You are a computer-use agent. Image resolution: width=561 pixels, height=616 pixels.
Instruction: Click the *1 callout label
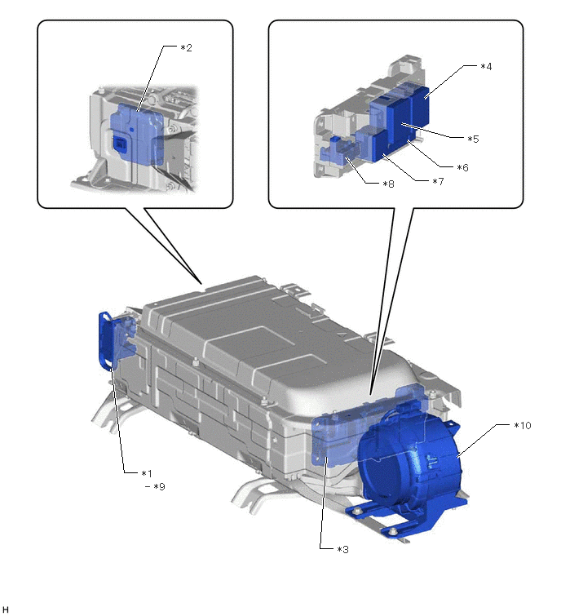click(x=147, y=473)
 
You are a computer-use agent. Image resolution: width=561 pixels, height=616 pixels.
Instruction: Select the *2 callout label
click(x=186, y=47)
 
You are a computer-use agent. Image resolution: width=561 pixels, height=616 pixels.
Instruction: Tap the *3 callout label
click(x=342, y=549)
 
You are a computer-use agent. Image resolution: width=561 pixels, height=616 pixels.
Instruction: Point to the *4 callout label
click(x=486, y=66)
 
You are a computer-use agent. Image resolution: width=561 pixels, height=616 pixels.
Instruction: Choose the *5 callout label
click(x=473, y=139)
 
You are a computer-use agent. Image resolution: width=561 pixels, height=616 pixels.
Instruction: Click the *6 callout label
click(x=462, y=167)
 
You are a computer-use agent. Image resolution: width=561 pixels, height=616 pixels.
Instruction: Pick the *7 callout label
click(x=438, y=181)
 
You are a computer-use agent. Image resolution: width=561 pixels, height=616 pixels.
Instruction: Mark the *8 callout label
click(x=388, y=184)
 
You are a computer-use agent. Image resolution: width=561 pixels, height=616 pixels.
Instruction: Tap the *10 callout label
click(x=523, y=425)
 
